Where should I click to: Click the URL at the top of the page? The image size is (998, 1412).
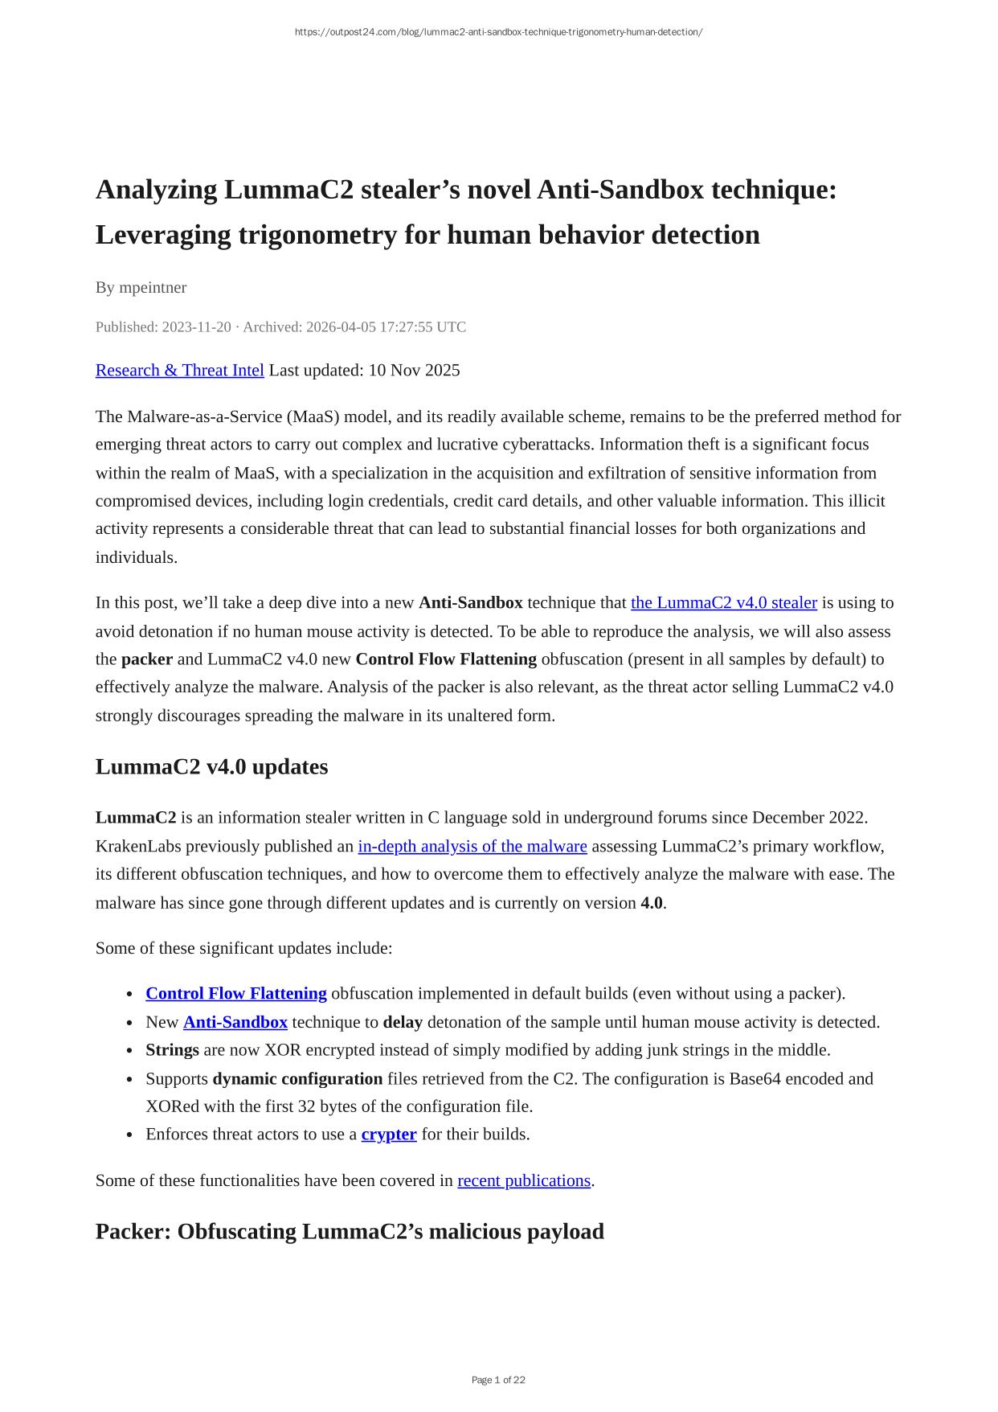pyautogui.click(x=498, y=32)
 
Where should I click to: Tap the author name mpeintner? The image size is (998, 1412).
pyautogui.click(x=153, y=287)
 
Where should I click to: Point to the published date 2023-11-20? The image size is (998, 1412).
pyautogui.click(x=196, y=326)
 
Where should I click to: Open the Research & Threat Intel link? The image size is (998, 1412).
pyautogui.click(x=179, y=370)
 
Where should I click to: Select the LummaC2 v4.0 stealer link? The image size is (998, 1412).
pyautogui.click(x=723, y=602)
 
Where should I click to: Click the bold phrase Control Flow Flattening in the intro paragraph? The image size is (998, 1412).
pyautogui.click(x=446, y=659)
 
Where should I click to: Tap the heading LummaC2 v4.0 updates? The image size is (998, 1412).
pyautogui.click(x=211, y=766)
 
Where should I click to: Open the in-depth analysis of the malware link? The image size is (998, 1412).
pyautogui.click(x=472, y=846)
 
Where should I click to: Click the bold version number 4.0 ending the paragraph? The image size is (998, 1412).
pyautogui.click(x=651, y=902)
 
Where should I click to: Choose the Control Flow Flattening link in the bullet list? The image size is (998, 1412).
pyautogui.click(x=235, y=993)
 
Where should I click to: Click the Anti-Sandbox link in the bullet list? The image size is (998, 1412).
pyautogui.click(x=235, y=1022)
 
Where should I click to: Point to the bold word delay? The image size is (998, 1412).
pyautogui.click(x=402, y=1022)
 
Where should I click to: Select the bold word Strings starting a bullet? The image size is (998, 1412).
pyautogui.click(x=172, y=1049)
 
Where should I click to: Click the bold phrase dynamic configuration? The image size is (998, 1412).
pyautogui.click(x=297, y=1078)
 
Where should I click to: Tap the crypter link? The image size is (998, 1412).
pyautogui.click(x=388, y=1134)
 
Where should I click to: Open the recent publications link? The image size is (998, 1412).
pyautogui.click(x=523, y=1180)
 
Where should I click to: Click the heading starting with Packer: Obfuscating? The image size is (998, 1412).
pyautogui.click(x=350, y=1231)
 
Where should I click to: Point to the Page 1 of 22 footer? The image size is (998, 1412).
pyautogui.click(x=498, y=1380)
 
